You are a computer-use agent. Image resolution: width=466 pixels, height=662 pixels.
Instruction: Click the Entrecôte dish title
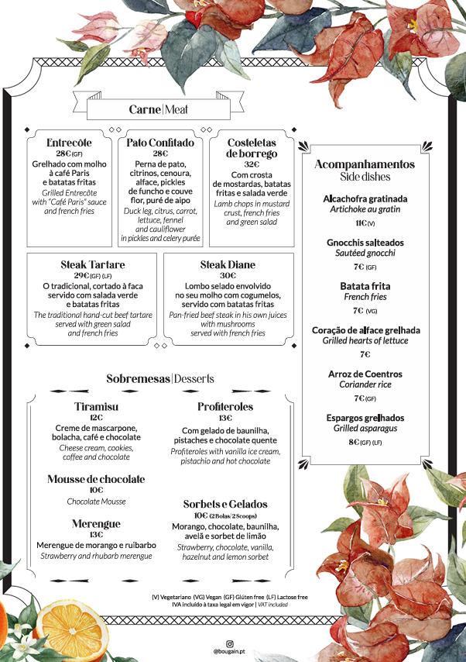pos(69,143)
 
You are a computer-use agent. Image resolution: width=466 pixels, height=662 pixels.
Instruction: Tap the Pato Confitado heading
pos(160,143)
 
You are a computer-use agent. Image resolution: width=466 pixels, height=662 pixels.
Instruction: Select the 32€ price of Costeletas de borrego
pos(252,164)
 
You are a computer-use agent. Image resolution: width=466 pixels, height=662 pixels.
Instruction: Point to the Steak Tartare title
pos(93,265)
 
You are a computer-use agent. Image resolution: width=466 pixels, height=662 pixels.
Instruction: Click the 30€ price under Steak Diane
pos(228,275)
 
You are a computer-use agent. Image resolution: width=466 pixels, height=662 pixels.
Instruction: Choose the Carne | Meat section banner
pos(159,109)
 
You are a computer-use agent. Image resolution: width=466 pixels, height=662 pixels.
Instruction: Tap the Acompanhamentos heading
pos(365,164)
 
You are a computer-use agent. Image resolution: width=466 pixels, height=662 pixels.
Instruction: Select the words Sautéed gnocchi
pos(365,253)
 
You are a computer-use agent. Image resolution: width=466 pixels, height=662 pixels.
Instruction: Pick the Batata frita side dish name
pos(365,286)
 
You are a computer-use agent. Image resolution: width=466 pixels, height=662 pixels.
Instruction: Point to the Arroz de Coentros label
pos(365,374)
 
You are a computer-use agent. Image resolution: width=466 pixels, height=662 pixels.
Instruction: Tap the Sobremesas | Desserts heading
pos(160,378)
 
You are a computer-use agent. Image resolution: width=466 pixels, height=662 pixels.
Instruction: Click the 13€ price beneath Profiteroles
pos(225,418)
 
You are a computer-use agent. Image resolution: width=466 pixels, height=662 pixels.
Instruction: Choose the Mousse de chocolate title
pos(96,479)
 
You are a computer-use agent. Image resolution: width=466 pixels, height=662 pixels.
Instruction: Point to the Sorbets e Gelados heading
pos(225,504)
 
